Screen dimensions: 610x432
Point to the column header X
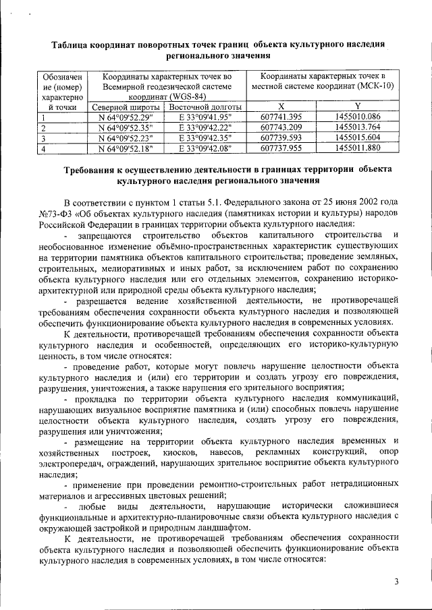[281, 106]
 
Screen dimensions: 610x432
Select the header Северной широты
[126, 106]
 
